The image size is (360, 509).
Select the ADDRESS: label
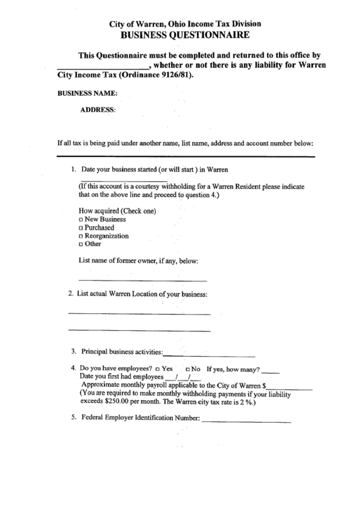(98, 109)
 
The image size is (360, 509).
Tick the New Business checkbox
(81, 220)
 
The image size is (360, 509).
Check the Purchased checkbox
(81, 228)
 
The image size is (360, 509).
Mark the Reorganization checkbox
(81, 236)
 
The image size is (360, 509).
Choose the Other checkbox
(81, 244)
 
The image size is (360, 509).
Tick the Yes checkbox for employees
(158, 369)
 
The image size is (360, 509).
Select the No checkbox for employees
(187, 369)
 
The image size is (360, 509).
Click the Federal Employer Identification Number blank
(246, 421)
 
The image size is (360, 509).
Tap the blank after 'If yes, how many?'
(270, 372)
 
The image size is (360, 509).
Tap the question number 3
(73, 352)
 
